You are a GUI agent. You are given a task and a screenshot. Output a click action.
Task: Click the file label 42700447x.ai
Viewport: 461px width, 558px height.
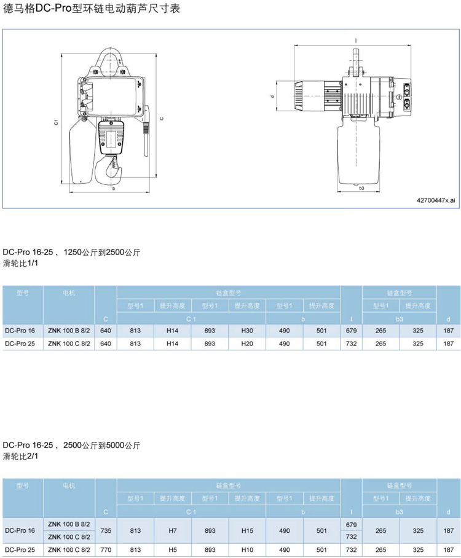click(x=436, y=200)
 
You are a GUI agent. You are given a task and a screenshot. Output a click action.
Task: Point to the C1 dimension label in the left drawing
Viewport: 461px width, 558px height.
click(x=57, y=122)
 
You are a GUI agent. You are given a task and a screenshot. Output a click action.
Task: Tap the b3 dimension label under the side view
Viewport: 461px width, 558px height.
click(x=361, y=188)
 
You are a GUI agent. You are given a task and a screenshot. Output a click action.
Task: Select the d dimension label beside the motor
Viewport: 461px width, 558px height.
click(x=273, y=96)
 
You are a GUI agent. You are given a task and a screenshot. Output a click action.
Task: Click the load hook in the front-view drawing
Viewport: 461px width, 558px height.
click(x=109, y=170)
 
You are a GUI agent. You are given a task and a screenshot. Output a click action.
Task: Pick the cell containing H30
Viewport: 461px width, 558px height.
click(x=247, y=331)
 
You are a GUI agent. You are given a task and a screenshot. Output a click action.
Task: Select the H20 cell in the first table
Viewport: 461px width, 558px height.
click(x=247, y=344)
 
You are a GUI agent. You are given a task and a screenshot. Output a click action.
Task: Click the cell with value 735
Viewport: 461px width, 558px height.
click(x=106, y=530)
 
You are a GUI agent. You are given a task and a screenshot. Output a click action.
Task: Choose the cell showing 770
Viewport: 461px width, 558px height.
click(x=106, y=550)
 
